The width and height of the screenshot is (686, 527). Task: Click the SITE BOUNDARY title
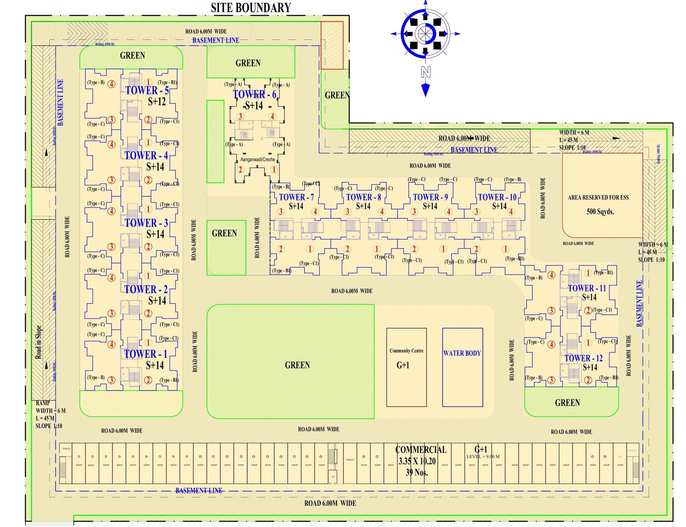pos(251,8)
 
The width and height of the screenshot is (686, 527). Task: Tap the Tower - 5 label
pos(147,90)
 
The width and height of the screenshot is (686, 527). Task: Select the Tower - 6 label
pos(255,94)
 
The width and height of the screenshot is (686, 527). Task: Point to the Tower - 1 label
pos(145,354)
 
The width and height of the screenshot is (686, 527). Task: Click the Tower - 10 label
pos(497,197)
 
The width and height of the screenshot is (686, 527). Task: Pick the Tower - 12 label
pos(584,358)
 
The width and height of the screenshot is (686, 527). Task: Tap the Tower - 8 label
pos(364,197)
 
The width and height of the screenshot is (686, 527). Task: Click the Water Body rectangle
pos(462,367)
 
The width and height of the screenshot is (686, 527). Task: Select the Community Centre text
pos(406,351)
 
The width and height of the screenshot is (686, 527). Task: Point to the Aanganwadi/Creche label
pos(258,160)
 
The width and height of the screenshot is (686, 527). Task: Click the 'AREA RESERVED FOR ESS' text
pos(598,198)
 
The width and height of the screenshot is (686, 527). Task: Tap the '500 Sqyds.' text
pos(600,211)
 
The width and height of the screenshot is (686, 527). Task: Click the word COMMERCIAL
pos(421,450)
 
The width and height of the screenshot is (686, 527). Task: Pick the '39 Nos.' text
pos(417,473)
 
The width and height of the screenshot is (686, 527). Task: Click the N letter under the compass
pos(425,72)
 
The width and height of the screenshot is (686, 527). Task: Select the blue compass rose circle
pos(425,33)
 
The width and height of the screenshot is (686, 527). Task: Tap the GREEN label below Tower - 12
pos(567,403)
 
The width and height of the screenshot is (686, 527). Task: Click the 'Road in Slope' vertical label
pos(39,342)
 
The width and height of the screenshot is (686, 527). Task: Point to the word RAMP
pos(43,403)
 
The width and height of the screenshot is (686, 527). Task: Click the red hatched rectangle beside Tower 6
pos(332,45)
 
